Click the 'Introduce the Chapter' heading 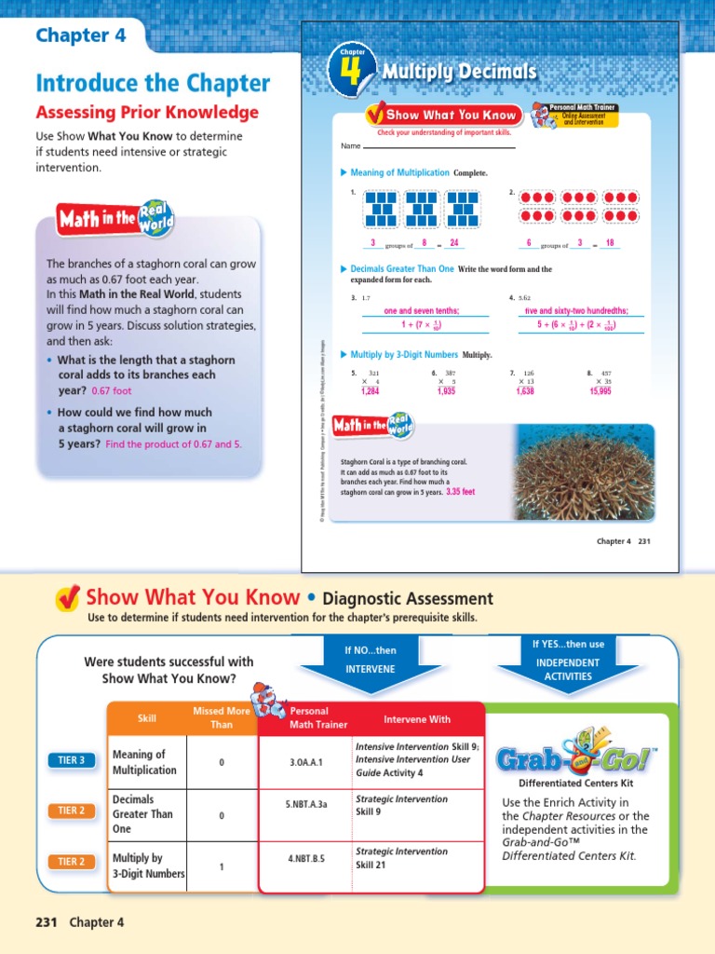(x=153, y=83)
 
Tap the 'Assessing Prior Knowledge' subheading (x=146, y=113)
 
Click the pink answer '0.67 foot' (x=112, y=391)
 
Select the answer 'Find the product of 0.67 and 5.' (x=173, y=444)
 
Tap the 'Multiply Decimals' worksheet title (x=461, y=72)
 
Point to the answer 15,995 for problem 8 (x=600, y=391)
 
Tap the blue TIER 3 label (x=71, y=760)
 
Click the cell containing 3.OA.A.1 (x=305, y=762)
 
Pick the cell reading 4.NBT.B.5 (x=305, y=858)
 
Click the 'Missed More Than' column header (x=221, y=717)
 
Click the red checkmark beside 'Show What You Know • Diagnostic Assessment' (x=67, y=599)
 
